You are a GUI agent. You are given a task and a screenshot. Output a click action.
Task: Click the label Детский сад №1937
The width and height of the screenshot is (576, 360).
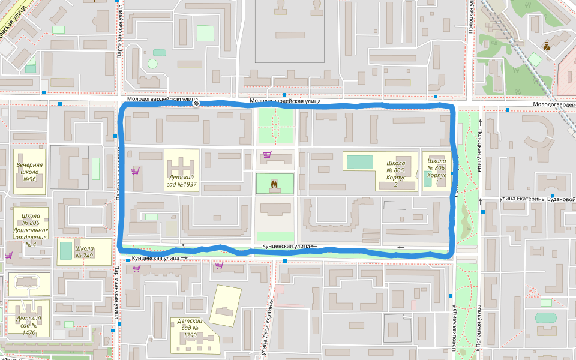[182, 181]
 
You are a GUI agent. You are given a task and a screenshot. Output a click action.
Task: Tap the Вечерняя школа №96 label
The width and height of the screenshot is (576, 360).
[29, 171]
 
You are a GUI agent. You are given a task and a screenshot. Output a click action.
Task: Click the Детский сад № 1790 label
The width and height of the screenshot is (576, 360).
[191, 328]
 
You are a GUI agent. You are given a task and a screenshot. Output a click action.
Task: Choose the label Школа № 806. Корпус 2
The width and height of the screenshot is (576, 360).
[395, 173]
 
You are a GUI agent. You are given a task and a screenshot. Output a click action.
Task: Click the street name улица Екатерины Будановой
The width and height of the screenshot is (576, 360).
[538, 199]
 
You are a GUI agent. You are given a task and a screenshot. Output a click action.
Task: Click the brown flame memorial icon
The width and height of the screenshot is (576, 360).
[275, 184]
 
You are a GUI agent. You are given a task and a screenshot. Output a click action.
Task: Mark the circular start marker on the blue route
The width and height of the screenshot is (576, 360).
[196, 104]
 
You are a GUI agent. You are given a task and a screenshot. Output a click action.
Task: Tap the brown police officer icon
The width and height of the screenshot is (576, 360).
[547, 45]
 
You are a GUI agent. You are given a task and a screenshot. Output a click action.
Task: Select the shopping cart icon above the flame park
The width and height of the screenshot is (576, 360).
[267, 155]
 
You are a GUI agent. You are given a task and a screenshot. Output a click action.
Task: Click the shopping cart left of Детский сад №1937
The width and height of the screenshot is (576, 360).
[135, 171]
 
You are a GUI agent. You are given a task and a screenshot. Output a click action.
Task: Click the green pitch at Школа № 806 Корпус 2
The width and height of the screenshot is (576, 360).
[359, 162]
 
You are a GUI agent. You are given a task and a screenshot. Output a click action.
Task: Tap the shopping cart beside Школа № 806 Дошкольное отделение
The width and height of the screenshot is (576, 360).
[8, 255]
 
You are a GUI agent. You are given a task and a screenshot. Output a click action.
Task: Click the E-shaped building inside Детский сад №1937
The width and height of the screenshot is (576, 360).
[182, 164]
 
